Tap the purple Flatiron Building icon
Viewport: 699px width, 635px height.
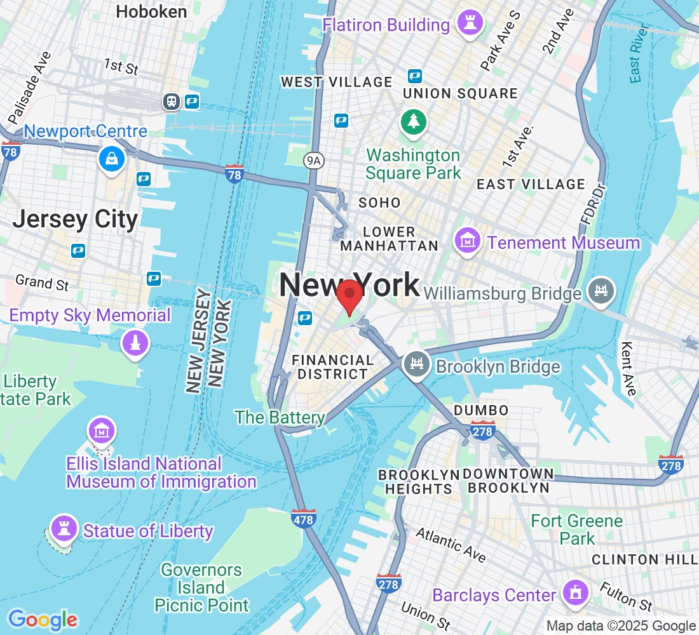coord(470,25)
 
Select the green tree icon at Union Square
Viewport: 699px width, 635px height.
coord(414,120)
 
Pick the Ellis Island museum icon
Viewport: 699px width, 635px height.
coord(102,432)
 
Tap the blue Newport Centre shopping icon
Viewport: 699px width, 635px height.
coord(112,158)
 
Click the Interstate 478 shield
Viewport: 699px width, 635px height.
coord(304,519)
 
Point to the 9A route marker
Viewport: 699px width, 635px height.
coord(314,161)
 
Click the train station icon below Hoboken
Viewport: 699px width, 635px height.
coord(171,101)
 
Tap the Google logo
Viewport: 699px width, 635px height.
coord(43,620)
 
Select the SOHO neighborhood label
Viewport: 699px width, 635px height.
coord(379,203)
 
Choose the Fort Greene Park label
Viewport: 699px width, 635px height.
coord(577,530)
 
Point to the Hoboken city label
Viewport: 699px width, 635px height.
coord(151,11)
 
